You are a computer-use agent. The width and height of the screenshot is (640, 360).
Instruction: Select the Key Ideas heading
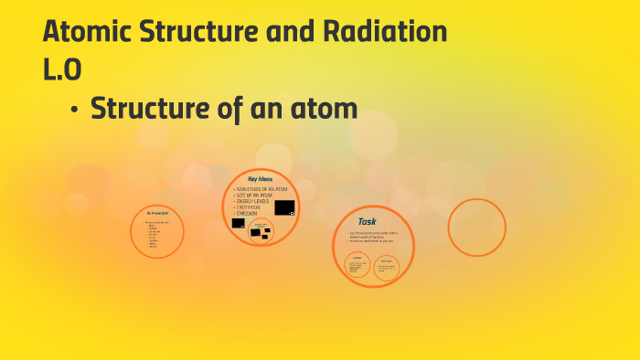coord(260,178)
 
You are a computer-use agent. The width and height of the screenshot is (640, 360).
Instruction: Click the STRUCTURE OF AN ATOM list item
coord(258,188)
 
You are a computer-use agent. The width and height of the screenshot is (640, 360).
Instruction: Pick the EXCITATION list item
coord(250,207)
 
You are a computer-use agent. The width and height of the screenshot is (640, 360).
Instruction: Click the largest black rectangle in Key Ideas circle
coord(284,207)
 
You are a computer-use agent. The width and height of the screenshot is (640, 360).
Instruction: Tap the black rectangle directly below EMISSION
coord(238,223)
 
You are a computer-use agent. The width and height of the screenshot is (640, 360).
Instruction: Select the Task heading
coord(367,221)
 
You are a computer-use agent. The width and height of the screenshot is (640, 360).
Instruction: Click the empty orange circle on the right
coord(476,227)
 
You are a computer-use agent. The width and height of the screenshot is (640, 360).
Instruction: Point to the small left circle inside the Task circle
coord(357,266)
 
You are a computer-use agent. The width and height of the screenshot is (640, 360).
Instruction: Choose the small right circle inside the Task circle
coord(387,266)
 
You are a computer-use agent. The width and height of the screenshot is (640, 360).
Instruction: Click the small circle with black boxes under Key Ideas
coord(261,231)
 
